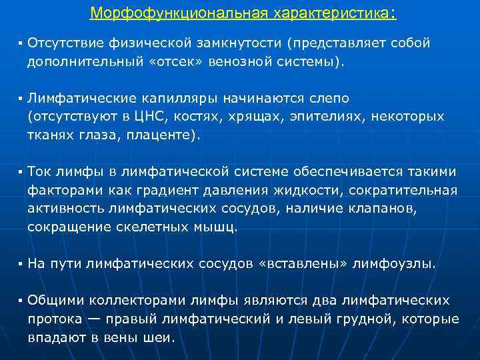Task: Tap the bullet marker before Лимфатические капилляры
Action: (x=21, y=99)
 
